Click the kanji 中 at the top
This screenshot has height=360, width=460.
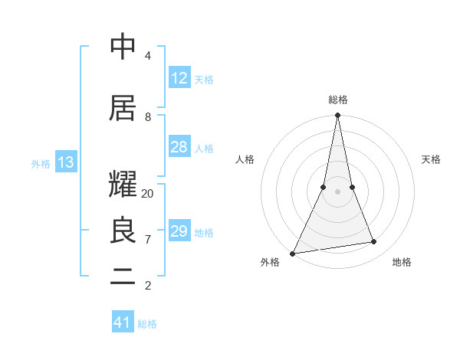pos(123,47)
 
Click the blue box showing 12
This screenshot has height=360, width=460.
pos(179,78)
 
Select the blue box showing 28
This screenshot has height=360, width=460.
pos(179,147)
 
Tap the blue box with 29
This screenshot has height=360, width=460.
pos(179,231)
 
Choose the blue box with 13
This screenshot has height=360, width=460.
pos(65,162)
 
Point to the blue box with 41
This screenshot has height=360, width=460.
pos(123,322)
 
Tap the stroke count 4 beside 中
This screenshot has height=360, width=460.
pos(147,56)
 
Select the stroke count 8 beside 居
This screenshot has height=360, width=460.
pos(147,117)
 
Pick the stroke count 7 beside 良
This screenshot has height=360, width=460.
pos(147,240)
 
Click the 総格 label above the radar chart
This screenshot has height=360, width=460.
pos(338,100)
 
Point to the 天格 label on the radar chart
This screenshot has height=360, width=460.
pos(432,159)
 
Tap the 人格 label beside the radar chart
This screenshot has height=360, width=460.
pos(245,159)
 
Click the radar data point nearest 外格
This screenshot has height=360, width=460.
pos(292,254)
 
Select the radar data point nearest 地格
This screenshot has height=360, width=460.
pos(374,242)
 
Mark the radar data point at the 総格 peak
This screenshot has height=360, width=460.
pos(337,116)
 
